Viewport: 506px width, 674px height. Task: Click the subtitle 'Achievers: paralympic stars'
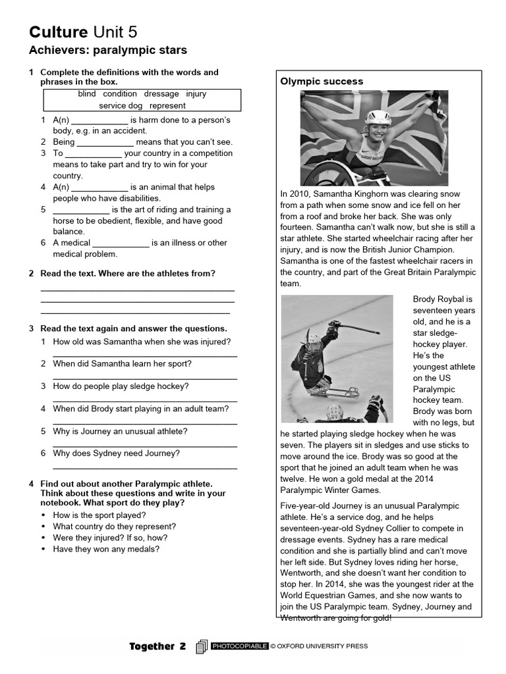pyautogui.click(x=108, y=50)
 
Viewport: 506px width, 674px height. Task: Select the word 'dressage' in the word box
pyautogui.click(x=161, y=94)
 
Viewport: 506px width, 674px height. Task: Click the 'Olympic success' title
pyautogui.click(x=322, y=82)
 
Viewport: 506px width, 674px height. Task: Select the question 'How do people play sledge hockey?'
pyautogui.click(x=121, y=386)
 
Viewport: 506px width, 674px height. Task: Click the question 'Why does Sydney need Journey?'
pyautogui.click(x=116, y=454)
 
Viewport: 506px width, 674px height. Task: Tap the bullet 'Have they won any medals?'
pyautogui.click(x=106, y=549)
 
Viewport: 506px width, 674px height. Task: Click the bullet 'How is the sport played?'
pyautogui.click(x=99, y=515)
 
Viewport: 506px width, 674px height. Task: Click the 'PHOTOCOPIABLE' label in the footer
pyautogui.click(x=239, y=646)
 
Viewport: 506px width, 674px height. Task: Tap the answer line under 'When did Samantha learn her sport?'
pyautogui.click(x=145, y=378)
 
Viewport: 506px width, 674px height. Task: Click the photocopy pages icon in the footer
pyautogui.click(x=202, y=646)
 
